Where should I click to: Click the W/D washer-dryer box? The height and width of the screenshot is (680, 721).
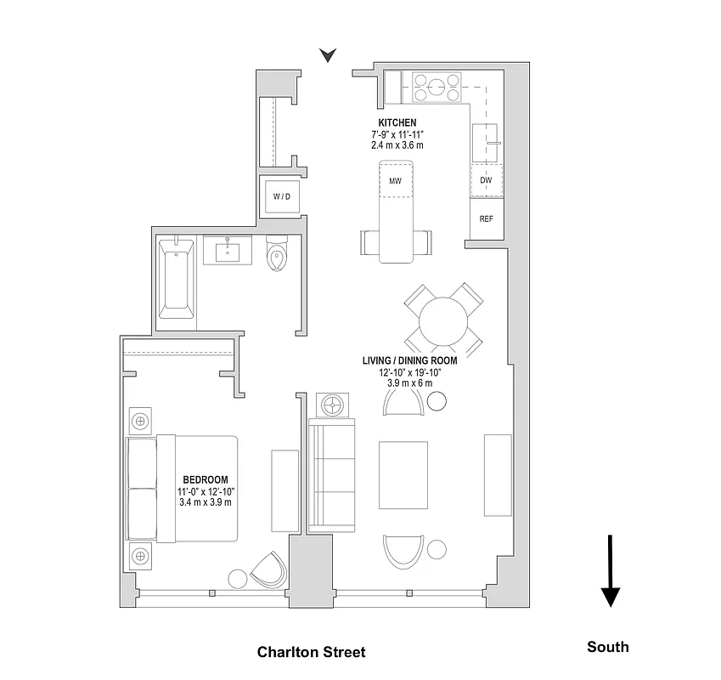pyautogui.click(x=281, y=197)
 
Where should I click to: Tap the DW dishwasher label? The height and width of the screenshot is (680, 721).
pyautogui.click(x=486, y=180)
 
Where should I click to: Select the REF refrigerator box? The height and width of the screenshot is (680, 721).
pyautogui.click(x=486, y=218)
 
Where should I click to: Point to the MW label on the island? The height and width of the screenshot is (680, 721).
pyautogui.click(x=395, y=181)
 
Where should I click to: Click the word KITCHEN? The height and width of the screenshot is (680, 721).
pyautogui.click(x=397, y=122)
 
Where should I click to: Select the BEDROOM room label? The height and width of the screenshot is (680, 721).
pyautogui.click(x=205, y=479)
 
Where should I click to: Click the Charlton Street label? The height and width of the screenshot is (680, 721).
pyautogui.click(x=311, y=652)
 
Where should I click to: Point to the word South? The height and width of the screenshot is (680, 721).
pyautogui.click(x=608, y=647)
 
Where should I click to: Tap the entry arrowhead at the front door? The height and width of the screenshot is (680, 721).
pyautogui.click(x=328, y=55)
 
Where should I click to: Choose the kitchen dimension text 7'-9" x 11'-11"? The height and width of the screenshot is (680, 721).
pyautogui.click(x=397, y=134)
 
